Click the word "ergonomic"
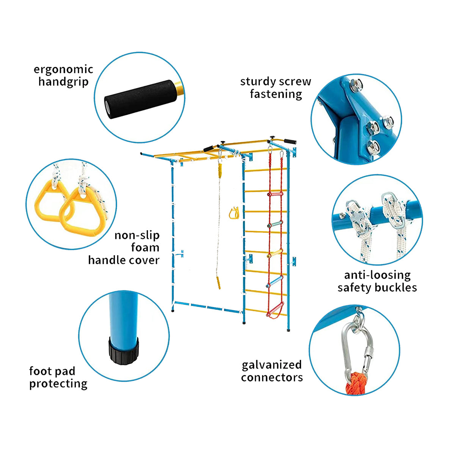pyautogui.click(x=63, y=70)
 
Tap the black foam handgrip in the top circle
pyautogui.click(x=141, y=99)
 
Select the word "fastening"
pyautogui.click(x=276, y=94)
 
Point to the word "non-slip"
pyautogui.click(x=137, y=235)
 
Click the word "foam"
pyautogui.click(x=145, y=248)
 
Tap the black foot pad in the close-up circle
pyautogui.click(x=124, y=350)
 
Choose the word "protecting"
pyautogui.click(x=58, y=384)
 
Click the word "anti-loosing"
pyautogui.click(x=377, y=275)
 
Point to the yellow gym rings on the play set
pyautogui.click(x=234, y=213)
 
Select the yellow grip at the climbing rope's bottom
pyautogui.click(x=219, y=282)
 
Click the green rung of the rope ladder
pyautogui.click(x=275, y=224)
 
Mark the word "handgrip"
pyautogui.click(x=64, y=82)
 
